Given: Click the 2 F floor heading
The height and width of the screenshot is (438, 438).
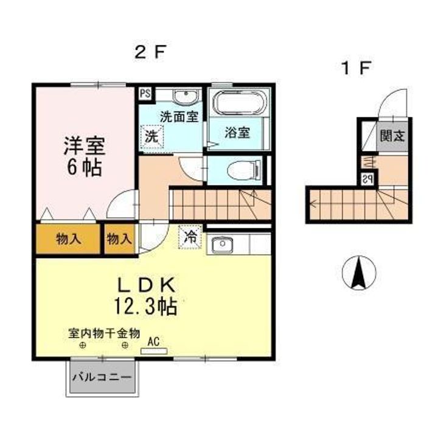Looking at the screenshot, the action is (151, 52).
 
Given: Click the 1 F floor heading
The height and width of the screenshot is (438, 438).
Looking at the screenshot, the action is (356, 68).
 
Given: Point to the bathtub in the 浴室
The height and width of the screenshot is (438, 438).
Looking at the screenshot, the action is (238, 102).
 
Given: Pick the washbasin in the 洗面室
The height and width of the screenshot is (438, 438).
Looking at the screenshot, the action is (187, 96).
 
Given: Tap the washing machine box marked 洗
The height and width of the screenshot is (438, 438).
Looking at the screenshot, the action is (151, 137).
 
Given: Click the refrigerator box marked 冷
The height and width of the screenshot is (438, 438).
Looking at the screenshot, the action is (190, 237).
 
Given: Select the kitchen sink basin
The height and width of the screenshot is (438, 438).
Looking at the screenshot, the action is (223, 245).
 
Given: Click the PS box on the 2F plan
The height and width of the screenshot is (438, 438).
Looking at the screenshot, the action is (145, 93).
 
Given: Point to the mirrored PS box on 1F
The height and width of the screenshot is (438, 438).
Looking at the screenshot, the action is (367, 179).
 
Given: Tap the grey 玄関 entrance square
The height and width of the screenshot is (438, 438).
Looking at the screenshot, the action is (392, 136).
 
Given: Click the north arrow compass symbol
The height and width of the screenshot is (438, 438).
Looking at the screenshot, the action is (359, 272).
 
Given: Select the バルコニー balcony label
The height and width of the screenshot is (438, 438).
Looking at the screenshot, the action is (102, 378).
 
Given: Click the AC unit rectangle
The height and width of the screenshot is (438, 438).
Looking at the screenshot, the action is (154, 351).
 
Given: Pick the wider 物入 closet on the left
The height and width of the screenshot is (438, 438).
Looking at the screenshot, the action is (68, 239).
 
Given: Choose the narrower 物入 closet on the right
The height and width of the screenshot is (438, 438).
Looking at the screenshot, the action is (120, 239).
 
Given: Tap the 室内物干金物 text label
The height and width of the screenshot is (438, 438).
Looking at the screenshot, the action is (104, 334).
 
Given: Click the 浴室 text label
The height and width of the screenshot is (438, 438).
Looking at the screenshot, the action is (237, 133).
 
